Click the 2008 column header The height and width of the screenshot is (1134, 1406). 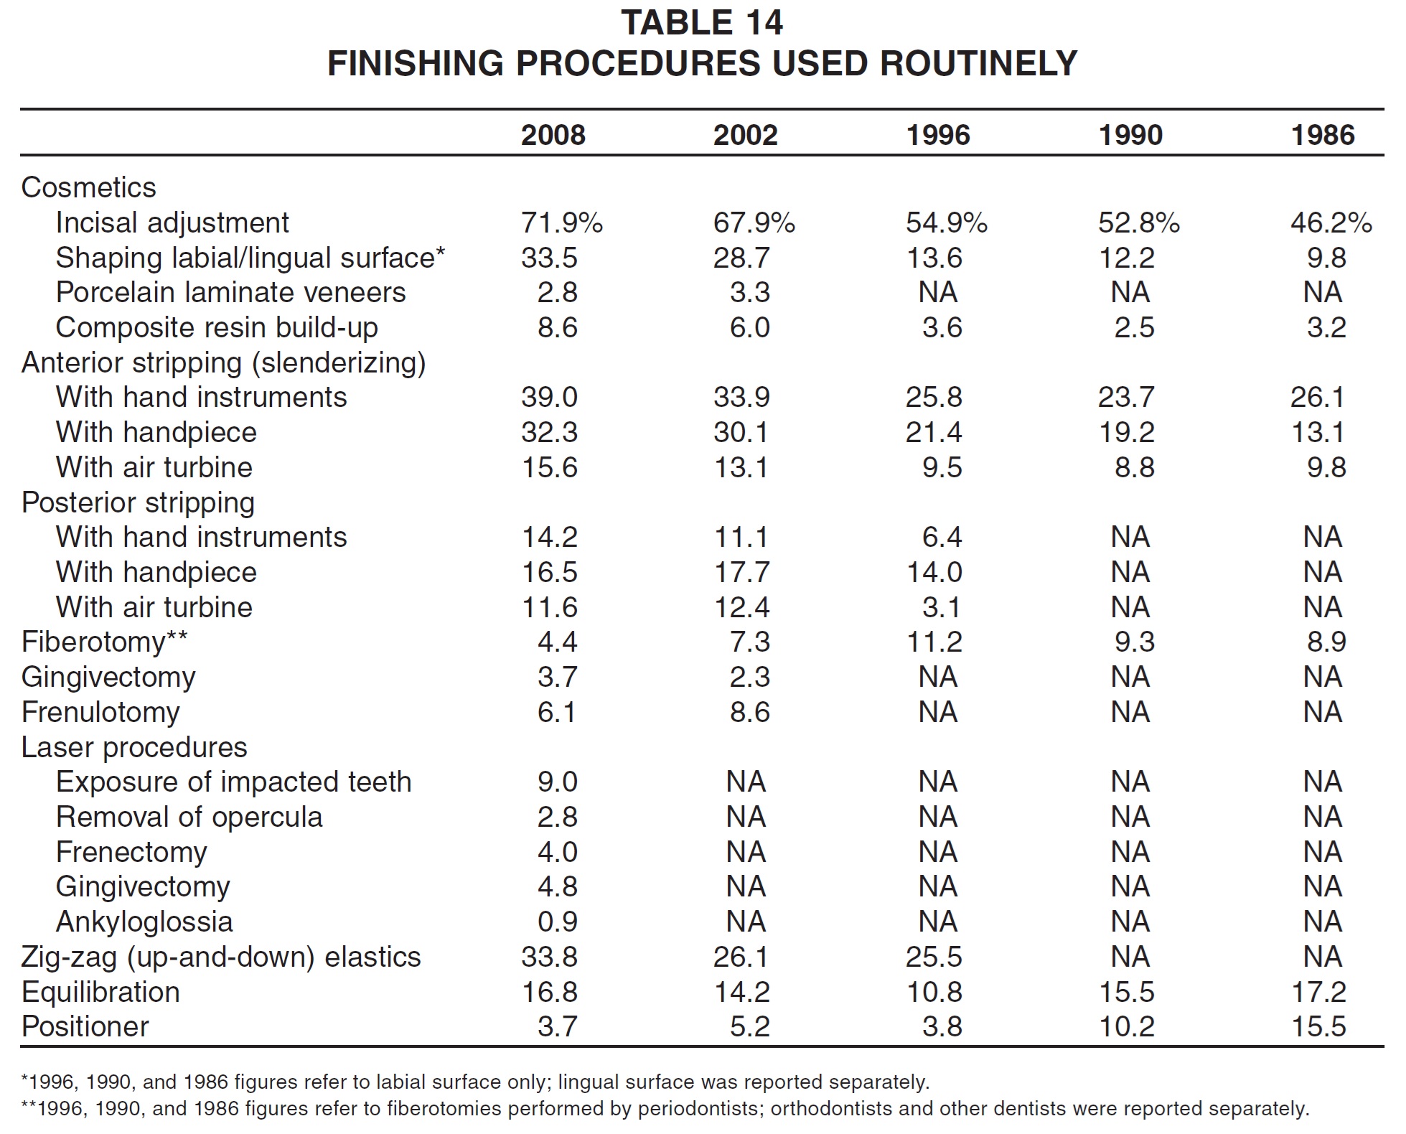pos(553,135)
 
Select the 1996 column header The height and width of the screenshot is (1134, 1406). pos(938,135)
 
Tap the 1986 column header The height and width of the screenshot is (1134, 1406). pos(1323,135)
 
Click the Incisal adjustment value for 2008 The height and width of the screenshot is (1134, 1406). pos(562,222)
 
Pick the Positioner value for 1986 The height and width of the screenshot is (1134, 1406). pos(1318,1026)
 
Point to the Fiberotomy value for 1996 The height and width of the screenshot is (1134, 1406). pos(934,641)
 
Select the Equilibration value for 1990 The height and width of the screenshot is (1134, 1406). pos(1126,992)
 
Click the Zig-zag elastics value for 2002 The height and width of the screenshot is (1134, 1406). pos(741,957)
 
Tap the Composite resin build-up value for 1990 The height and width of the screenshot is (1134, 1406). pos(1135,327)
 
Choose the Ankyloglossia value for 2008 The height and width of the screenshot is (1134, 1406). pos(558,922)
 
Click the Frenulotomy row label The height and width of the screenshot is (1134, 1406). pos(100,712)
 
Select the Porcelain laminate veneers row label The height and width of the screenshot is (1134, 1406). pos(230,292)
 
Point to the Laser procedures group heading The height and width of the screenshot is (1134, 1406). pos(134,747)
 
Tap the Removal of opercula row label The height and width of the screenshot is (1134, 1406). pos(189,817)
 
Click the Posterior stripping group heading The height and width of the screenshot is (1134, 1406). pos(138,502)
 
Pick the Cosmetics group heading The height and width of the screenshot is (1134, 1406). pos(89,187)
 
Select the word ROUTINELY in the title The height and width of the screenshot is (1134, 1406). pos(978,63)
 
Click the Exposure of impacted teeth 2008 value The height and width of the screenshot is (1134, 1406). pos(558,782)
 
